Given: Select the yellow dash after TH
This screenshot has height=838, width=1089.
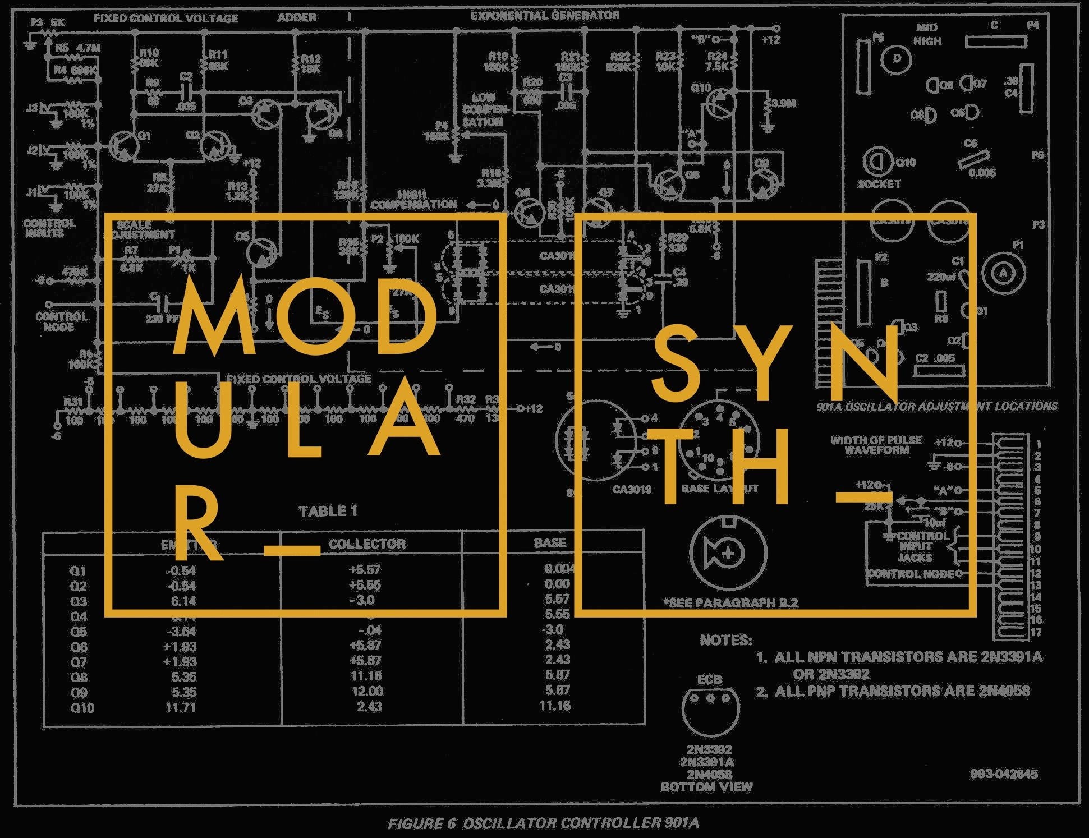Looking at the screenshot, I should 864,497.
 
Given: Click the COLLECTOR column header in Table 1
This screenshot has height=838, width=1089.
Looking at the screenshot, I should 367,544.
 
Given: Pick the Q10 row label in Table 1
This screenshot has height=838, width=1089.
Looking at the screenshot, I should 82,708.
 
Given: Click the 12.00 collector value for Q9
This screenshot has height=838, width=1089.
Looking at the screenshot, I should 367,691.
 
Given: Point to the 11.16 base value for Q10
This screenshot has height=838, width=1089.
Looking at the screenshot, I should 555,706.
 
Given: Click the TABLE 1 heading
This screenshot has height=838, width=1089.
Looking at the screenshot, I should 328,511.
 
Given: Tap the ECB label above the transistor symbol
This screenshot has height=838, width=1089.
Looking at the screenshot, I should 709,679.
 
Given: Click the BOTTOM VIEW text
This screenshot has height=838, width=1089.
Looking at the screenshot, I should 706,787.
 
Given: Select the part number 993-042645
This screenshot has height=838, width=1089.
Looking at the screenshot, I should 1004,774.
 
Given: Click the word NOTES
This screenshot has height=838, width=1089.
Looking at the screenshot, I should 725,640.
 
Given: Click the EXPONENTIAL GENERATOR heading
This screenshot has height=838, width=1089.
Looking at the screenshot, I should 545,16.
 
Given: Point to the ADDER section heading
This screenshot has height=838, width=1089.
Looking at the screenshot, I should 296,18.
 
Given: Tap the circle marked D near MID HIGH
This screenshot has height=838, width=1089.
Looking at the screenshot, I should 896,59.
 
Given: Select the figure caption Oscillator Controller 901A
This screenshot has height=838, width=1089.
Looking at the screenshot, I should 543,823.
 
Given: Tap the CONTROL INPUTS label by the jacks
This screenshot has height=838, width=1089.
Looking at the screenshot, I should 49,228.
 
